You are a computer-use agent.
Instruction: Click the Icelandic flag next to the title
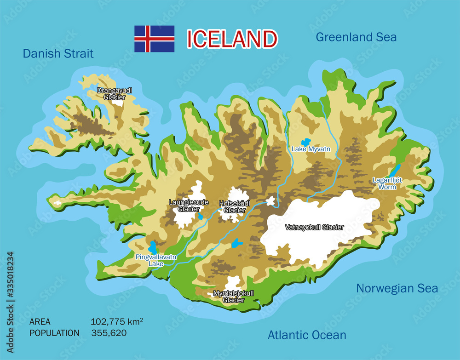pyautogui.click(x=154, y=39)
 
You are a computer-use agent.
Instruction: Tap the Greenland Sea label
pyautogui.click(x=356, y=37)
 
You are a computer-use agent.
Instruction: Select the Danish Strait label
pyautogui.click(x=58, y=54)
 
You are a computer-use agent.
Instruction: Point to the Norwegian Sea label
pyautogui.click(x=397, y=289)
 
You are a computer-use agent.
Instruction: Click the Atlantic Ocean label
pyautogui.click(x=307, y=335)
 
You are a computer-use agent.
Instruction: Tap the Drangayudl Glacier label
pyautogui.click(x=115, y=94)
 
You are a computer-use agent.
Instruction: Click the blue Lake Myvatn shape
pyautogui.click(x=305, y=143)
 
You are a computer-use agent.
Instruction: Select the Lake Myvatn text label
pyautogui.click(x=311, y=149)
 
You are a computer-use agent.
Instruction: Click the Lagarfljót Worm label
pyautogui.click(x=387, y=183)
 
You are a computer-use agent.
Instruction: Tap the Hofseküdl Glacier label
pyautogui.click(x=235, y=206)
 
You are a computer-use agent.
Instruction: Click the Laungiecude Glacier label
pyautogui.click(x=189, y=206)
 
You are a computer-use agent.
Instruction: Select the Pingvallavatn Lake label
pyautogui.click(x=156, y=261)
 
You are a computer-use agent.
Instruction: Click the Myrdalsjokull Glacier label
pyautogui.click(x=234, y=297)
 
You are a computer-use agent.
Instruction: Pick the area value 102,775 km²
pyautogui.click(x=117, y=322)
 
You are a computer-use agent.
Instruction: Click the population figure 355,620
pyautogui.click(x=109, y=332)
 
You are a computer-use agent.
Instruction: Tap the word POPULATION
pyautogui.click(x=54, y=332)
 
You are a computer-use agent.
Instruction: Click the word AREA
pyautogui.click(x=40, y=322)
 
